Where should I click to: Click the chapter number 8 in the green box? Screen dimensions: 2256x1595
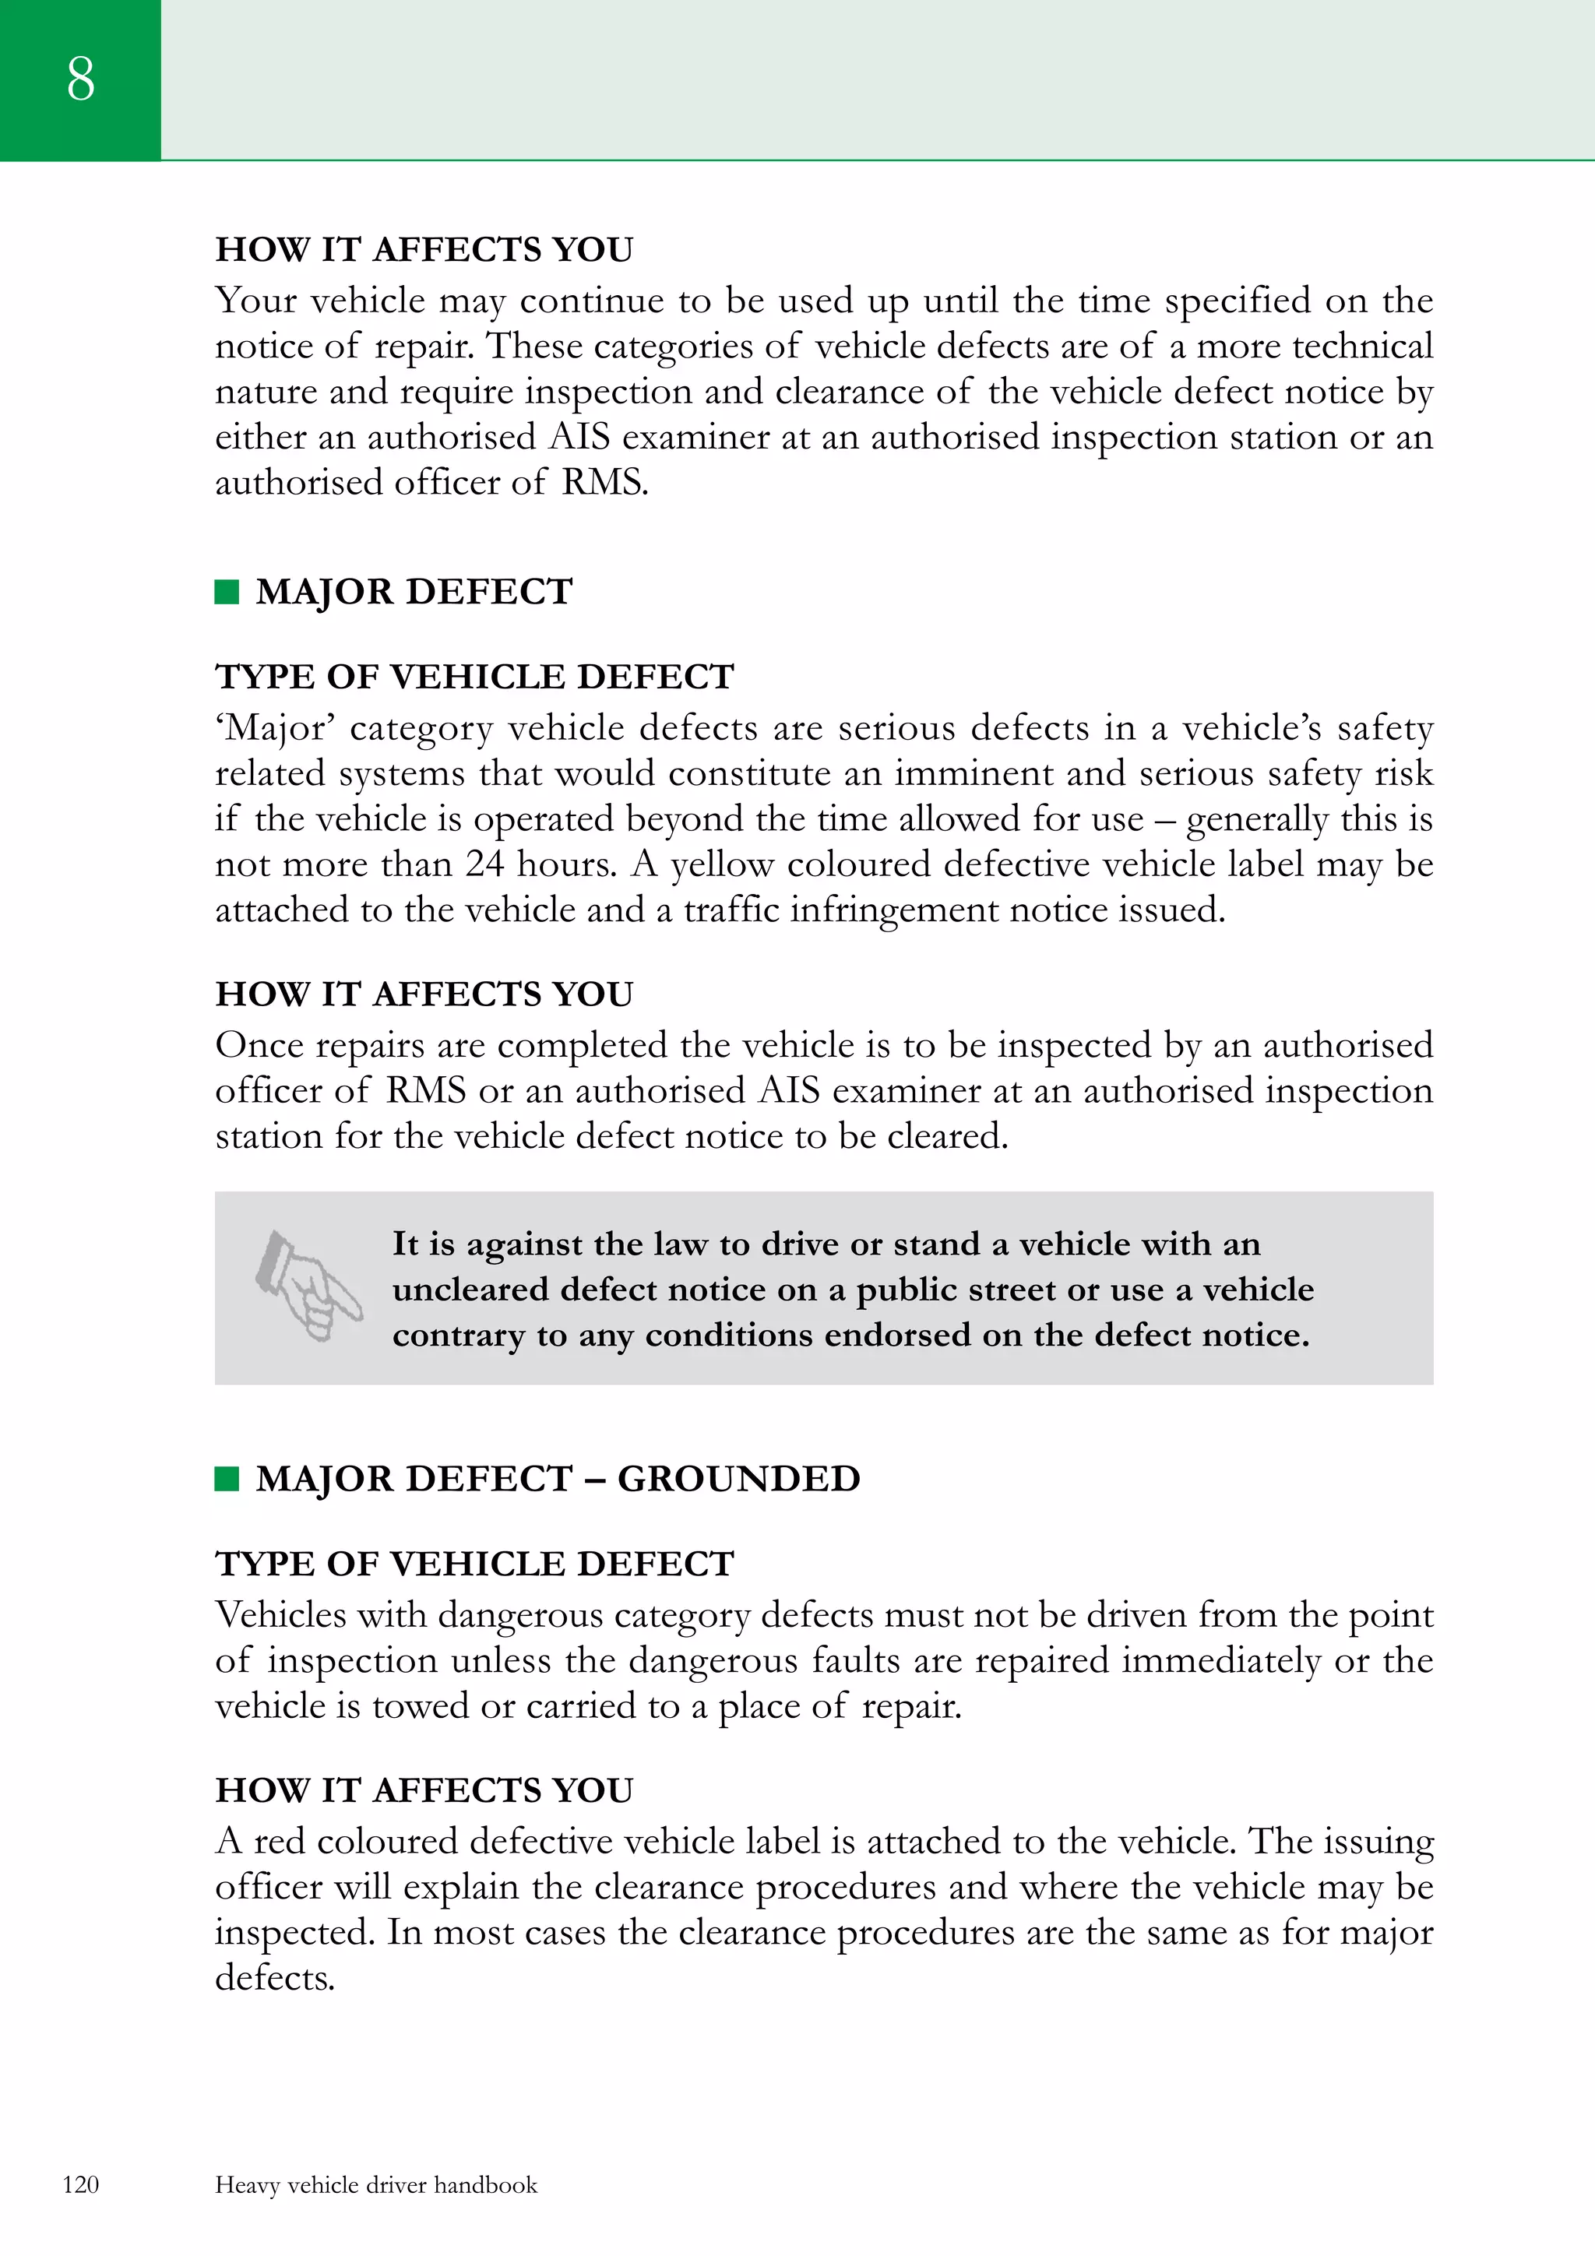[x=80, y=79]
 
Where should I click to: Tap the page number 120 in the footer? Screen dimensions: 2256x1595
[x=80, y=2184]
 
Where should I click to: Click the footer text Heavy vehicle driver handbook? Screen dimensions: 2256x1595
[x=375, y=2184]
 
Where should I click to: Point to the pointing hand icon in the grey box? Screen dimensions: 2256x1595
[x=308, y=1286]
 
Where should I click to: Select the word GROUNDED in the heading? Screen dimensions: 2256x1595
[x=738, y=1479]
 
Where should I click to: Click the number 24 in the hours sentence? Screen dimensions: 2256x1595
[x=484, y=864]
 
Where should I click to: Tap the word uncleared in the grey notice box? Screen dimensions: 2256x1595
[x=464, y=1289]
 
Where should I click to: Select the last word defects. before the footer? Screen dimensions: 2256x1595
[x=275, y=1977]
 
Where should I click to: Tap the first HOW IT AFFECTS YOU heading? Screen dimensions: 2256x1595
[x=424, y=249]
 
